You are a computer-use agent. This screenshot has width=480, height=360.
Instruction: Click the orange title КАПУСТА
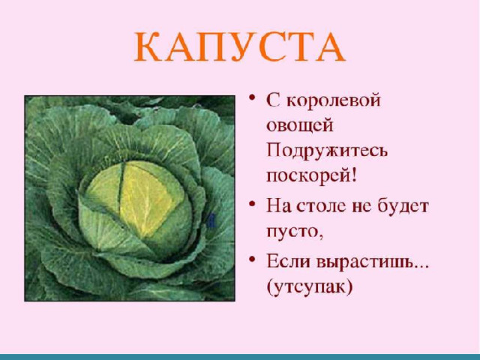240,46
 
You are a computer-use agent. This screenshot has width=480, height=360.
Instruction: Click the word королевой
333,100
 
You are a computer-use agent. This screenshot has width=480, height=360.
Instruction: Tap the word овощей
300,125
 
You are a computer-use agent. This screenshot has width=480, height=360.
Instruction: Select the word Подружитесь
327,151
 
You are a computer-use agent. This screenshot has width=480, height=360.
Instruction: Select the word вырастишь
365,262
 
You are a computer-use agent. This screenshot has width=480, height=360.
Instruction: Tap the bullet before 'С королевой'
252,98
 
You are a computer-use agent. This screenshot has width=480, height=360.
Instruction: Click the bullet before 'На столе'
252,203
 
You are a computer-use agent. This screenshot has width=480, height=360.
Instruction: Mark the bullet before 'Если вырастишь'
252,259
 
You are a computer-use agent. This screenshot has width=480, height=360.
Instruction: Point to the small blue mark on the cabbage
211,221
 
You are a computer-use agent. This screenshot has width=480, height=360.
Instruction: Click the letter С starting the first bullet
273,100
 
